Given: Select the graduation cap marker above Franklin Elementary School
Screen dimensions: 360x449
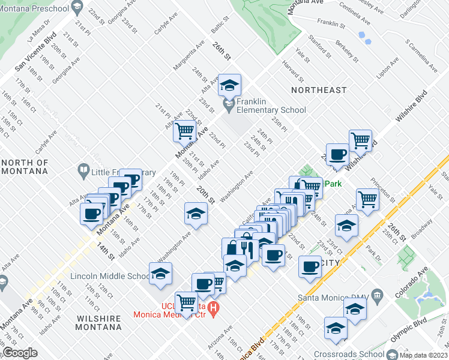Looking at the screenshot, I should coord(229,86).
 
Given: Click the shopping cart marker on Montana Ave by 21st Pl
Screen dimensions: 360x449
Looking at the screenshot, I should coord(185,130).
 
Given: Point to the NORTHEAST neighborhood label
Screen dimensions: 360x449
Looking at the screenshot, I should coord(319,90).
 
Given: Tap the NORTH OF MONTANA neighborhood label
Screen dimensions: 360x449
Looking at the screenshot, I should coord(24,167).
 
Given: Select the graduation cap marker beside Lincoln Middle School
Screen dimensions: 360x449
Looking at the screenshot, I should coord(160,274).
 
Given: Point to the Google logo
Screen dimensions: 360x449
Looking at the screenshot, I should coord(20,353).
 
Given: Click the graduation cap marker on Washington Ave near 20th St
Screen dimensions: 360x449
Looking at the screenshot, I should coord(195,214).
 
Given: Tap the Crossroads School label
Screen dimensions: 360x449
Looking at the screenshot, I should coord(347,355).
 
